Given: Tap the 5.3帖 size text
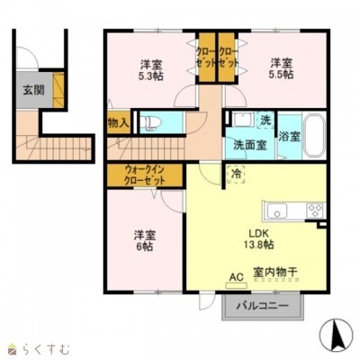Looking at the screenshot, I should coord(151,76).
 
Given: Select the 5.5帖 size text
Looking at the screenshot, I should coord(281,76).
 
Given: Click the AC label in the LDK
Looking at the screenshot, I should coord(237,278).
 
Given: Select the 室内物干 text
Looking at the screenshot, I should coord(275,271).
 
